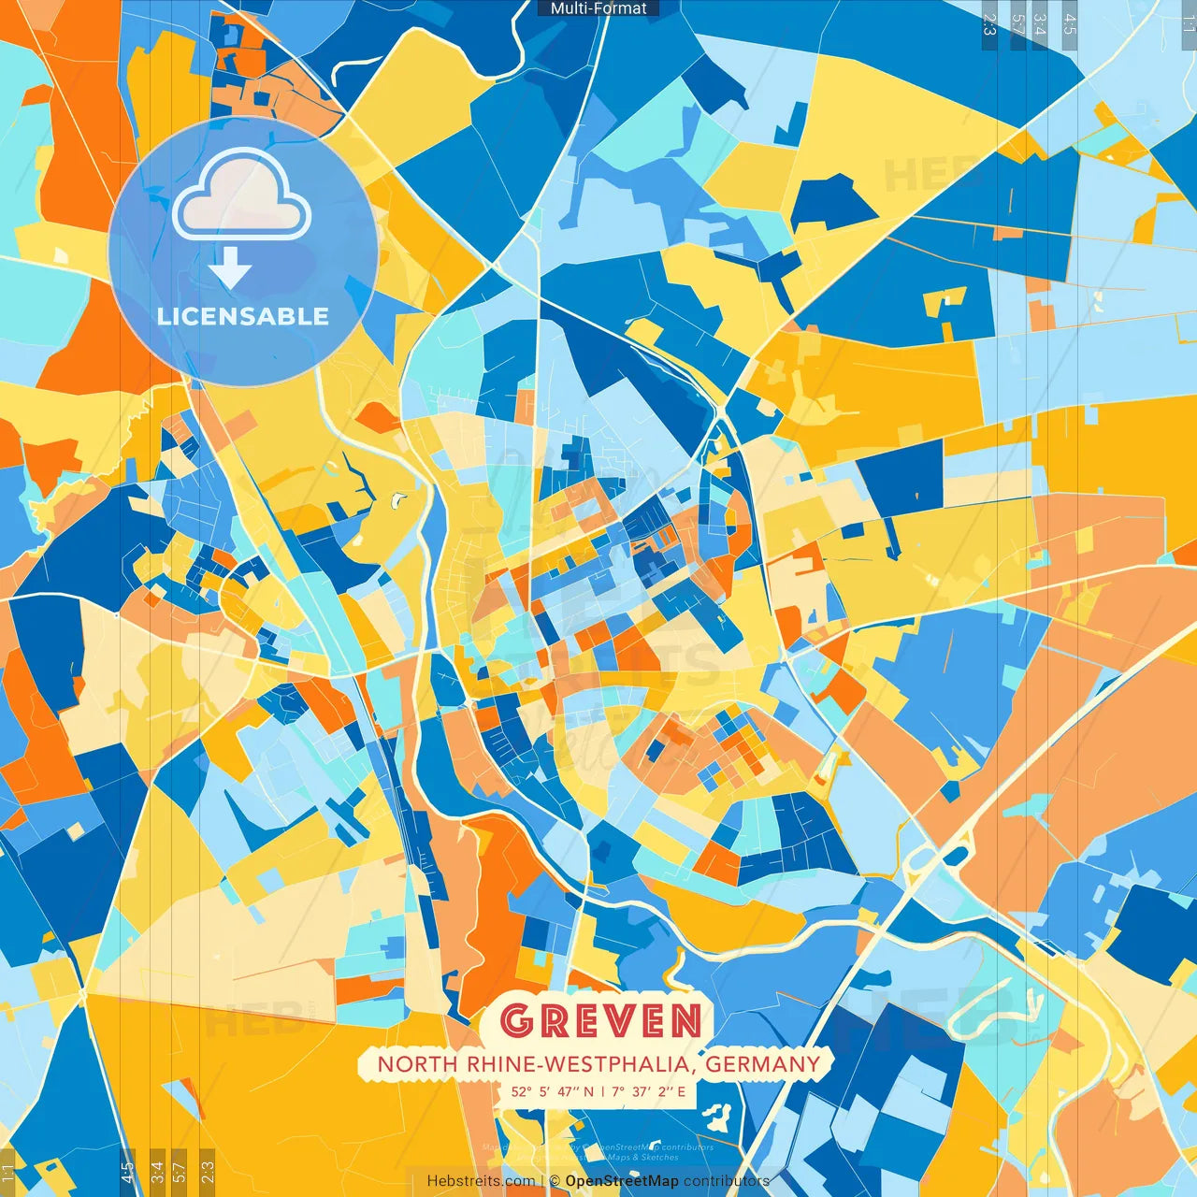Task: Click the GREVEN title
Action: pos(599,1021)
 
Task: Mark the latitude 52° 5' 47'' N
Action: pos(552,1091)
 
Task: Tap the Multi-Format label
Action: pos(598,8)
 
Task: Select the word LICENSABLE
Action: pos(243,316)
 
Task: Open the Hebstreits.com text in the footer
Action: pos(481,1181)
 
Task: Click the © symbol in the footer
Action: pos(555,1181)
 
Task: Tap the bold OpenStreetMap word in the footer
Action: pos(622,1181)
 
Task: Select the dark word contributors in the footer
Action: pos(727,1181)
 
